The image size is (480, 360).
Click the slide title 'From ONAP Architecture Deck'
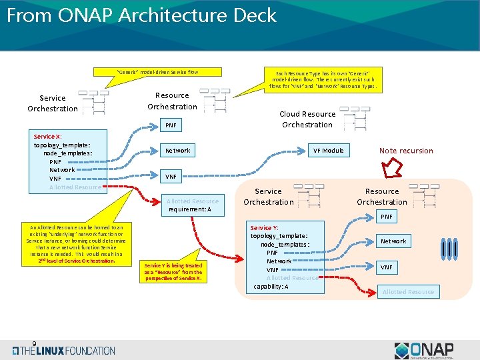[x=141, y=15]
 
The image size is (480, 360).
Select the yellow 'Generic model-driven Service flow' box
[x=157, y=72]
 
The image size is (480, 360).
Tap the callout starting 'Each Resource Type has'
[x=323, y=79]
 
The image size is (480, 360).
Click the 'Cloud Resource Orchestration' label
[x=307, y=119]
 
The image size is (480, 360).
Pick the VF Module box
[x=329, y=151]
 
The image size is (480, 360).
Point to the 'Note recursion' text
[x=406, y=151]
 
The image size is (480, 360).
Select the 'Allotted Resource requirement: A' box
[x=192, y=205]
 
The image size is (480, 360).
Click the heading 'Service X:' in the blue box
[x=47, y=136]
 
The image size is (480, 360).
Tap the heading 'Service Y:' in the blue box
[x=264, y=227]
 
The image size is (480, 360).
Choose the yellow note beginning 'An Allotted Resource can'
[x=76, y=243]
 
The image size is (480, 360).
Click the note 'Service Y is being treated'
[x=173, y=271]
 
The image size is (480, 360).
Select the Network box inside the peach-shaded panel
[x=393, y=241]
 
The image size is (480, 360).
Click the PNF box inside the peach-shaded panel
[x=387, y=217]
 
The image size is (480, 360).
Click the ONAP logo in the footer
[x=424, y=350]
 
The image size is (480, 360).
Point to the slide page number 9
[x=34, y=344]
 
